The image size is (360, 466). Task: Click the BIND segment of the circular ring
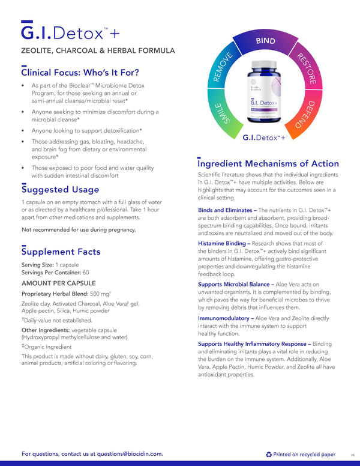click(266, 41)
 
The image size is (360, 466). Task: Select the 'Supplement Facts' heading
click(61, 252)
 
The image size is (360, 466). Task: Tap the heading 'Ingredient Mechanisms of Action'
click(268, 163)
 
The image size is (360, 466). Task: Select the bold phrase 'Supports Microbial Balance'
click(235, 284)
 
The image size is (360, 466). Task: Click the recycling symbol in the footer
click(268, 455)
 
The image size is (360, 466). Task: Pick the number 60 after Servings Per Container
click(86, 273)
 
